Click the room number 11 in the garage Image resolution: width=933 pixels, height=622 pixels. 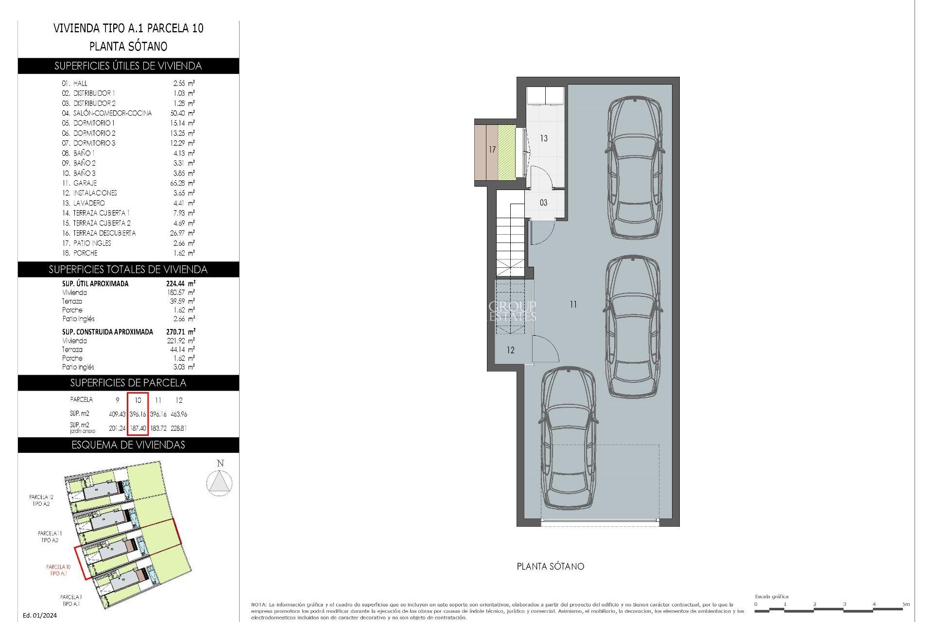[x=573, y=305]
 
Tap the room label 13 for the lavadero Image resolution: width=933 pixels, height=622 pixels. [x=544, y=138]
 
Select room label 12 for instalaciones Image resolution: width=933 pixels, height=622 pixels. [x=510, y=350]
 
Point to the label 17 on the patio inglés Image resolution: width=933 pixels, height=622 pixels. [x=492, y=150]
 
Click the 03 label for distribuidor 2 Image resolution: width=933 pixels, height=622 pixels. [x=543, y=203]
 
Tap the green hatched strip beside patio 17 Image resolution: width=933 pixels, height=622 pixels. [x=506, y=152]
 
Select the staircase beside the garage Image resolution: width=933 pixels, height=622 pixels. [x=510, y=238]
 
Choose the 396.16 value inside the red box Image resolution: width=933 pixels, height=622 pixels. [x=138, y=414]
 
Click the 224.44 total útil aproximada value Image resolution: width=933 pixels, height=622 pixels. [x=177, y=283]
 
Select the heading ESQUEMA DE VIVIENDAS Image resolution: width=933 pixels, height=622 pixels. [x=128, y=445]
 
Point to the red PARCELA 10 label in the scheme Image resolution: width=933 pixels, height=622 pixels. [x=58, y=570]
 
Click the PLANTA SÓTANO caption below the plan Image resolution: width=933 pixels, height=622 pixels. [x=550, y=567]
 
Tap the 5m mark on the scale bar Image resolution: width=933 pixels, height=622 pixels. [x=905, y=604]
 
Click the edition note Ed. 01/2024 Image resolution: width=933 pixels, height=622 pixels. [x=40, y=615]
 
